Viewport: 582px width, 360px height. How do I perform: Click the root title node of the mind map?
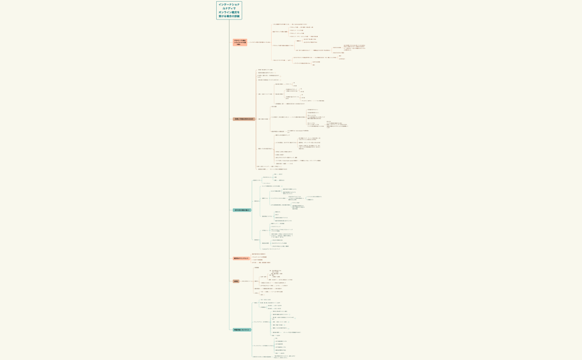point(229,10)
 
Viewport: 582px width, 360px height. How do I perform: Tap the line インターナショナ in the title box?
point(229,4)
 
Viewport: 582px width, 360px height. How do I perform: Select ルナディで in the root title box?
point(229,8)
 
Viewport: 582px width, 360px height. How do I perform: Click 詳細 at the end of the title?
point(237,16)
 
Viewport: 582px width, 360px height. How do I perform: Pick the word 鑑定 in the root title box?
point(234,12)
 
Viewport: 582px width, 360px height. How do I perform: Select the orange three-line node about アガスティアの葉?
point(240,42)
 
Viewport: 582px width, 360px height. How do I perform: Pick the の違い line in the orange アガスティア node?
point(240,44)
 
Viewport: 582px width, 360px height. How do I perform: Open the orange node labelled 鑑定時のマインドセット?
point(241,258)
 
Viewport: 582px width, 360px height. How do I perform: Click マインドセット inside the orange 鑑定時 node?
point(243,258)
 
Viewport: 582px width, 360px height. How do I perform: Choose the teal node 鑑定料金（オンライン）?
point(242,330)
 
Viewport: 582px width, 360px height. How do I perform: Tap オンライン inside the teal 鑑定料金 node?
point(245,330)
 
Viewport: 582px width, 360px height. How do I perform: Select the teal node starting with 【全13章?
point(242,210)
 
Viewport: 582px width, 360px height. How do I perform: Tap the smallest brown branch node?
point(236,281)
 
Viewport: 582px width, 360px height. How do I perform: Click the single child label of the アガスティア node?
point(260,42)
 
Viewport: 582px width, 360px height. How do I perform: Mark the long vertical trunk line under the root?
point(229,166)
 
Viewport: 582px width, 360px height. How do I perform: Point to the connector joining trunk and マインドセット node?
point(231,258)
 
